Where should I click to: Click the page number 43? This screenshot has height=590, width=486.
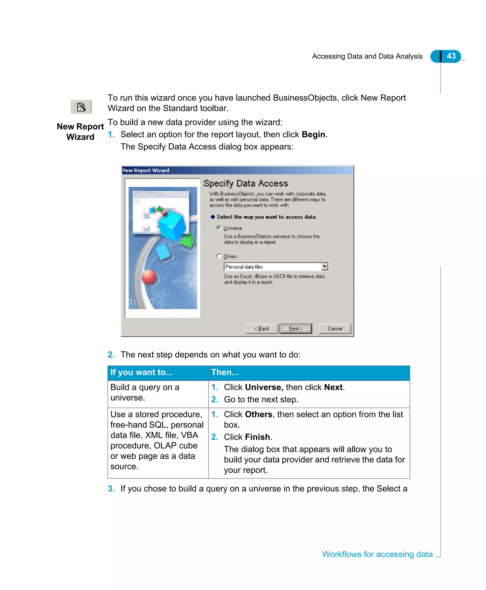pyautogui.click(x=451, y=56)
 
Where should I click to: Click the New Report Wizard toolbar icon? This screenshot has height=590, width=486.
pyautogui.click(x=81, y=107)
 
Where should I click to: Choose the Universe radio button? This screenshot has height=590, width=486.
pyautogui.click(x=219, y=228)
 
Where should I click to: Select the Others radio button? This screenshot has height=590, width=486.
pyautogui.click(x=219, y=256)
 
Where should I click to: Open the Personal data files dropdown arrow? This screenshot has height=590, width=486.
pyautogui.click(x=324, y=266)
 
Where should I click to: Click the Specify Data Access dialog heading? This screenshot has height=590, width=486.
pyautogui.click(x=246, y=183)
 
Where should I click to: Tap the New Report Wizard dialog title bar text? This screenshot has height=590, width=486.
pyautogui.click(x=146, y=170)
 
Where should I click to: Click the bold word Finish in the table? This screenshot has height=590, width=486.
pyautogui.click(x=257, y=437)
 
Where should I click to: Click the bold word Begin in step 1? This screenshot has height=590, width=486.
pyautogui.click(x=313, y=134)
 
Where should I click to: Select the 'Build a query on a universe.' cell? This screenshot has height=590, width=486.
pyautogui.click(x=145, y=392)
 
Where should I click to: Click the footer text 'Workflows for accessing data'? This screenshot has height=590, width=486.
pyautogui.click(x=377, y=554)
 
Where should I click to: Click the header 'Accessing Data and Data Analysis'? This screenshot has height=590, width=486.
pyautogui.click(x=367, y=56)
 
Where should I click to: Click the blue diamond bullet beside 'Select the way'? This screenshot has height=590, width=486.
pyautogui.click(x=213, y=217)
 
